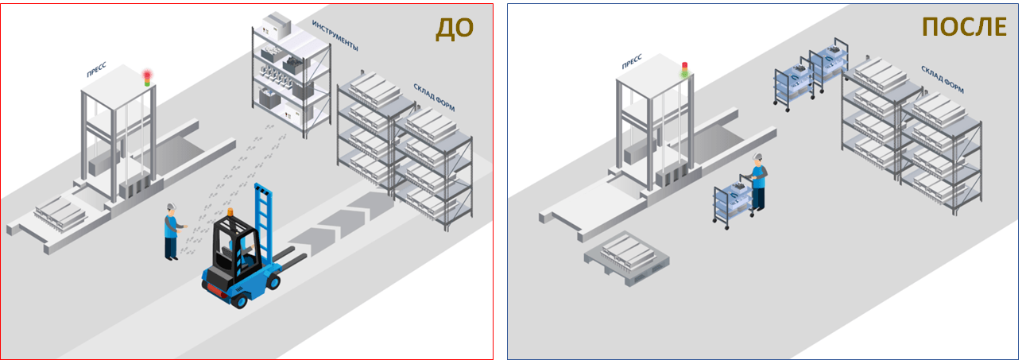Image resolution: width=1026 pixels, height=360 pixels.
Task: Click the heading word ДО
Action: (x=455, y=28)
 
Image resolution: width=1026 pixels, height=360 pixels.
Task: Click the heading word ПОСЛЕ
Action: (x=964, y=27)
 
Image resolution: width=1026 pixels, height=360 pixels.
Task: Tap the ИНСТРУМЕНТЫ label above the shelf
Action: (x=335, y=35)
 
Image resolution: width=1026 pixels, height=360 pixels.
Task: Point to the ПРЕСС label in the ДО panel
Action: (x=97, y=69)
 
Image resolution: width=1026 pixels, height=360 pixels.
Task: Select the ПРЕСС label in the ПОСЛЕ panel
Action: (x=632, y=61)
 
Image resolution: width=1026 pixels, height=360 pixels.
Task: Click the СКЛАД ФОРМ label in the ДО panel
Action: (x=434, y=97)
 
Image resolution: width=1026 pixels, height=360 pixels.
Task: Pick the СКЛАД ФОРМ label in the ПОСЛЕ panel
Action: (x=943, y=79)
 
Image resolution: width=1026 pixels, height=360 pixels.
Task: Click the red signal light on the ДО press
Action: (x=147, y=75)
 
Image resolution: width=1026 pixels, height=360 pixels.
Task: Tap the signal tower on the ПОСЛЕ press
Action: (x=685, y=70)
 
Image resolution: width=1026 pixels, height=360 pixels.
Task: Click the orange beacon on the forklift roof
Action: (x=230, y=212)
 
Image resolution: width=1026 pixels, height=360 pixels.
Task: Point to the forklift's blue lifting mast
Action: (x=264, y=223)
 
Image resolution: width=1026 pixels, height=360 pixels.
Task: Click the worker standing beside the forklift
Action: (x=172, y=232)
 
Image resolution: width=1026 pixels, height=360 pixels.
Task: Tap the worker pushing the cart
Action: (x=758, y=182)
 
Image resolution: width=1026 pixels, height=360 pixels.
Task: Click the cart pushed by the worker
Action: (x=734, y=202)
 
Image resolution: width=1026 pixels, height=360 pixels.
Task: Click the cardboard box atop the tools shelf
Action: (x=277, y=26)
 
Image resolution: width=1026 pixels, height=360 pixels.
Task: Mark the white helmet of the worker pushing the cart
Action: (x=757, y=157)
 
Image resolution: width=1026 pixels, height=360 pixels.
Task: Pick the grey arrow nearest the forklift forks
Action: (x=311, y=242)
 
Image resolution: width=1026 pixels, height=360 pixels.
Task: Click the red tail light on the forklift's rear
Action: (x=214, y=289)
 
